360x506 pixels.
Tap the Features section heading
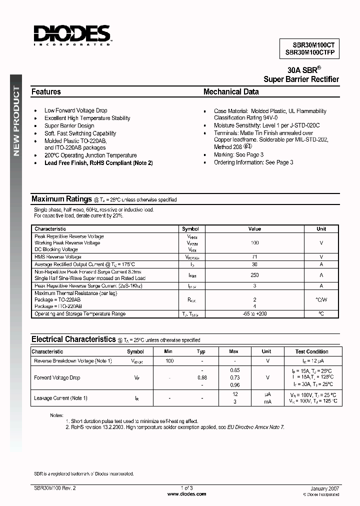[x=46, y=92]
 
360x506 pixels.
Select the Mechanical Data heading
[x=231, y=92]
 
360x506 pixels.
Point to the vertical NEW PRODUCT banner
[x=16, y=120]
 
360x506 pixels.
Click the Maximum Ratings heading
[x=61, y=199]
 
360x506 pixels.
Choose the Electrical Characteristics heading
[x=73, y=339]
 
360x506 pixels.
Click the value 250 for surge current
[x=254, y=275]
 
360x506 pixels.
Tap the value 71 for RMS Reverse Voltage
[x=254, y=256]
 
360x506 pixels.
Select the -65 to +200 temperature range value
[x=254, y=314]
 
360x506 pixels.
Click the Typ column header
[x=201, y=351]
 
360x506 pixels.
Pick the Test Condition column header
[x=311, y=351]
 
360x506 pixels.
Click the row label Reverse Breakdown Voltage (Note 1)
[x=72, y=360]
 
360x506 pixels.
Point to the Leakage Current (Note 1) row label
[x=60, y=398]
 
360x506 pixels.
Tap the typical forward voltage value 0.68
[x=201, y=377]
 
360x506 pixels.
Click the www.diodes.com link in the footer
[x=186, y=494]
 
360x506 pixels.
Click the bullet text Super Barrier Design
[x=69, y=126]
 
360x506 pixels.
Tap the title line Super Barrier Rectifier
[x=301, y=79]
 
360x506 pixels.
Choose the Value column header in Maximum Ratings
[x=254, y=229]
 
